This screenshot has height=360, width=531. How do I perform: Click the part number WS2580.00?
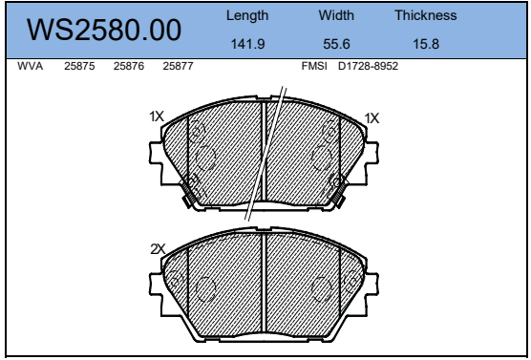tap(104, 30)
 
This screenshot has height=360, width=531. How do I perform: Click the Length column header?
tap(247, 16)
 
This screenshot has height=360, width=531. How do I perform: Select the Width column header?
tap(336, 15)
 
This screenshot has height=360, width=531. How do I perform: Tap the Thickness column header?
tap(426, 15)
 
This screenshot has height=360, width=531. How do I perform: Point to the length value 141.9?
tap(247, 44)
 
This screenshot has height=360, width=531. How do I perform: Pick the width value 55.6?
tap(336, 44)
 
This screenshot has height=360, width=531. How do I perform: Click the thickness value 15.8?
tap(426, 44)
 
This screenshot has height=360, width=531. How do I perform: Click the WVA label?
tap(31, 66)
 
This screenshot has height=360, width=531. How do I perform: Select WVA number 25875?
tap(79, 66)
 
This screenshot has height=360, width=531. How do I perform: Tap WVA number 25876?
tap(129, 66)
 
